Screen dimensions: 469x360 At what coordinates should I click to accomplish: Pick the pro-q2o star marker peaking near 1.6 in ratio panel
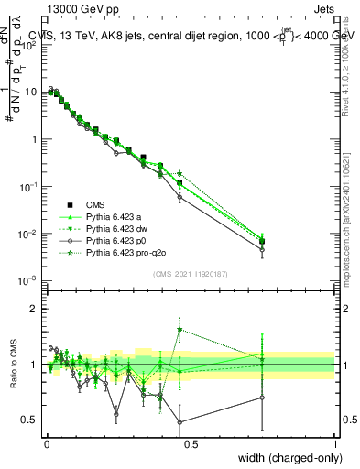point(180,330)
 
